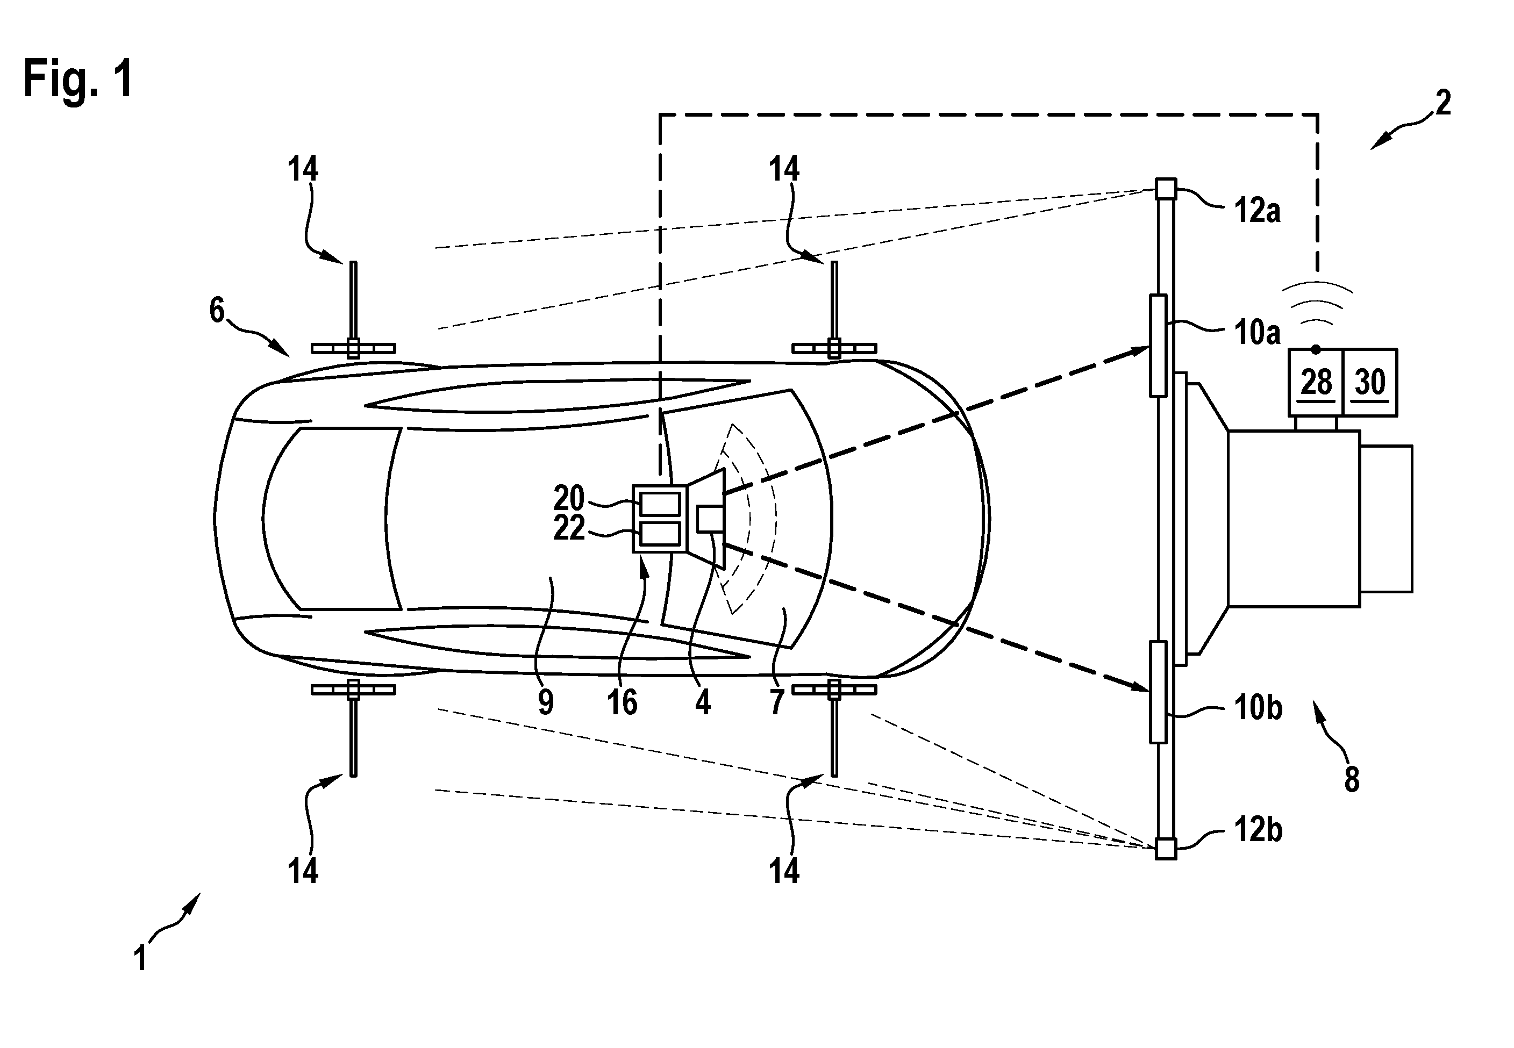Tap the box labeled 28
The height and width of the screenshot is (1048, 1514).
point(1315,382)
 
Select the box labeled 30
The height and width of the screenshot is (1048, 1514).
point(1369,382)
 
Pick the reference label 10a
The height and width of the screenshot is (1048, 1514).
point(1257,332)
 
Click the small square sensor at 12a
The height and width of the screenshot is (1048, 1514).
point(1166,189)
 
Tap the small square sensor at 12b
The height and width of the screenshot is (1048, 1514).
point(1166,849)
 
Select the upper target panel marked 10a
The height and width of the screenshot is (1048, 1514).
point(1158,346)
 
